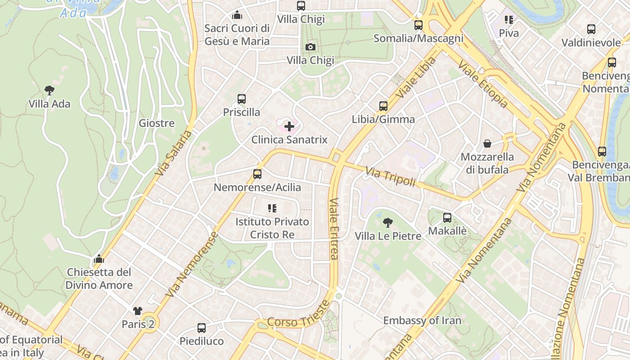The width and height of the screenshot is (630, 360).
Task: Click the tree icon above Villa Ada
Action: [49, 90]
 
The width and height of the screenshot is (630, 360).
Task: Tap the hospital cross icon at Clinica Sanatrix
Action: [289, 126]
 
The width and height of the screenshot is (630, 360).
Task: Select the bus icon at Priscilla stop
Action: [242, 99]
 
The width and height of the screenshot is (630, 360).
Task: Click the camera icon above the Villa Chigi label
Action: [310, 47]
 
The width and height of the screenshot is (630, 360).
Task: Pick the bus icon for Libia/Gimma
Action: [383, 106]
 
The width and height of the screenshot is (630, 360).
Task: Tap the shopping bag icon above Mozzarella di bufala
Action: [487, 144]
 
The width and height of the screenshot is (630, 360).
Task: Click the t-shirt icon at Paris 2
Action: [138, 311]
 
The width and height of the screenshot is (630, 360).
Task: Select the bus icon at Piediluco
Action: [202, 328]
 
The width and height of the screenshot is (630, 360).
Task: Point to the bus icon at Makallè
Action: [447, 218]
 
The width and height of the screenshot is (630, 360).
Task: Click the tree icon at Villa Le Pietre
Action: [387, 223]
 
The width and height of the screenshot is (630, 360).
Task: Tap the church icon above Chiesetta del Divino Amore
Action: [99, 259]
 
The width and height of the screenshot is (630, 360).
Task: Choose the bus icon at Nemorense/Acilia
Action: [257, 174]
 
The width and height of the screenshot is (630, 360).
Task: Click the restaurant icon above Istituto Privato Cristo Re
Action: [272, 208]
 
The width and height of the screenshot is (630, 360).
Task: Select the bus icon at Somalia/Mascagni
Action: [418, 25]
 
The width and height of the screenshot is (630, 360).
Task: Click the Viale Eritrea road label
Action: [333, 229]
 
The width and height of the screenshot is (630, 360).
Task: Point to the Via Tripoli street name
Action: [390, 177]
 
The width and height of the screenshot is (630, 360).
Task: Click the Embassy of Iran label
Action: [422, 320]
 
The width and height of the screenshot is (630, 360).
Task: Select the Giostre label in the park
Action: [157, 123]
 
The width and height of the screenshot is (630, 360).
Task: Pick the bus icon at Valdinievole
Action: [591, 29]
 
